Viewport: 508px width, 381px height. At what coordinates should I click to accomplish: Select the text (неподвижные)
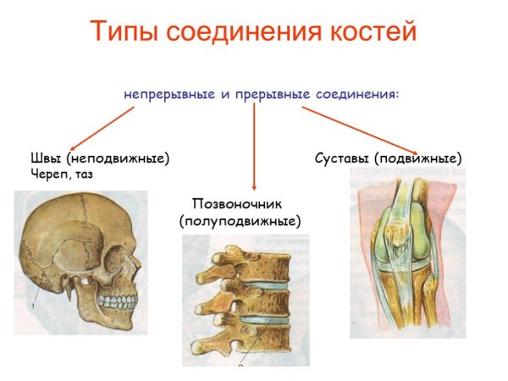[x=119, y=158]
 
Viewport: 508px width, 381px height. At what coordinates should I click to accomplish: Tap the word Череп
[x=50, y=174]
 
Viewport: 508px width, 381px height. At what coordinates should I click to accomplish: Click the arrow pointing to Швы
[x=101, y=128]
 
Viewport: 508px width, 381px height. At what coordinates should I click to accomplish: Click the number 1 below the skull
[x=34, y=303]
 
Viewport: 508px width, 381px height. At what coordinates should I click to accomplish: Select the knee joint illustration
[x=407, y=257]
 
